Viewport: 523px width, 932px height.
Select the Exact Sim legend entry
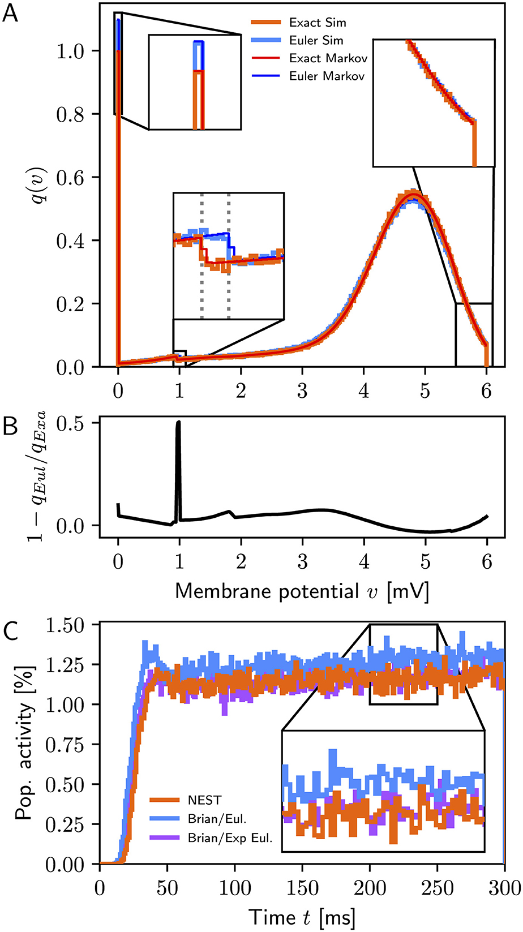click(318, 23)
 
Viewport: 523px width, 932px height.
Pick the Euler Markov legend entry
click(327, 76)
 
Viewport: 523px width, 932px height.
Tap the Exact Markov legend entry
click(327, 58)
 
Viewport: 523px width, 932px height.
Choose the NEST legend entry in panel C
click(204, 800)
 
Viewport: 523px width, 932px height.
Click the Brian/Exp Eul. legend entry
click(230, 838)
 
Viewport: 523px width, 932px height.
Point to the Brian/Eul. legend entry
click(215, 819)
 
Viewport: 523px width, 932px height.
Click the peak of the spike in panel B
click(178, 422)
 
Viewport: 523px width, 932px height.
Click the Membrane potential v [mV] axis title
click(301, 591)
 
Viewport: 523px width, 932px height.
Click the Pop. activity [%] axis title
click(24, 744)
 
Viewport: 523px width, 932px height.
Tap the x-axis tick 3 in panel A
click(302, 391)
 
